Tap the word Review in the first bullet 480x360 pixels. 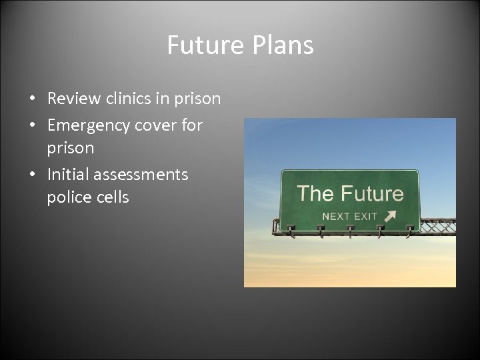(74, 99)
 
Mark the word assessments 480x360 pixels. (141, 175)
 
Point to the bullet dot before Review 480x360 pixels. (31, 99)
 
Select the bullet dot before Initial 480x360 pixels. (31, 175)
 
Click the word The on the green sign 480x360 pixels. (315, 194)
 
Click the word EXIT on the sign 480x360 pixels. (366, 216)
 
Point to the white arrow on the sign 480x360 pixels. (389, 215)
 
